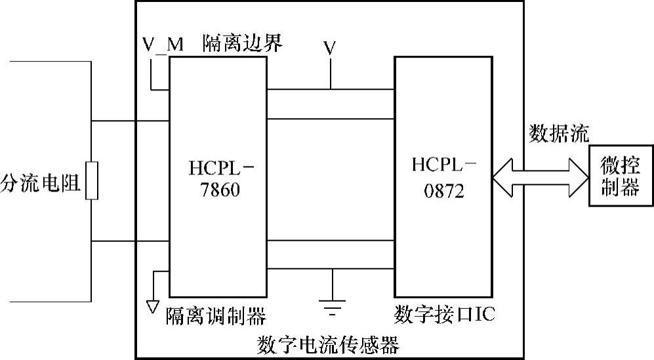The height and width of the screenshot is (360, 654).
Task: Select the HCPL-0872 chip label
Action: pyautogui.click(x=443, y=178)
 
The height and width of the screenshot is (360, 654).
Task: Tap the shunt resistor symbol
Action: pyautogui.click(x=92, y=180)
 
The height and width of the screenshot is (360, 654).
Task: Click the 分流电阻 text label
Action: pyautogui.click(x=41, y=184)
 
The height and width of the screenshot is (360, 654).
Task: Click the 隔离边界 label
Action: pyautogui.click(x=242, y=43)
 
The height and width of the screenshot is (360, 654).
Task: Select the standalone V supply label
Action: pyautogui.click(x=331, y=47)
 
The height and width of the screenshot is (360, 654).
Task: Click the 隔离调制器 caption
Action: pyautogui.click(x=216, y=316)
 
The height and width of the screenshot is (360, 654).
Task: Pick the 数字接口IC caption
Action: pyautogui.click(x=445, y=314)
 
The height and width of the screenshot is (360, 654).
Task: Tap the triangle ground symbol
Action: pyautogui.click(x=152, y=305)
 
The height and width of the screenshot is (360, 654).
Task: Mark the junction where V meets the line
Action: pyautogui.click(x=331, y=89)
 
